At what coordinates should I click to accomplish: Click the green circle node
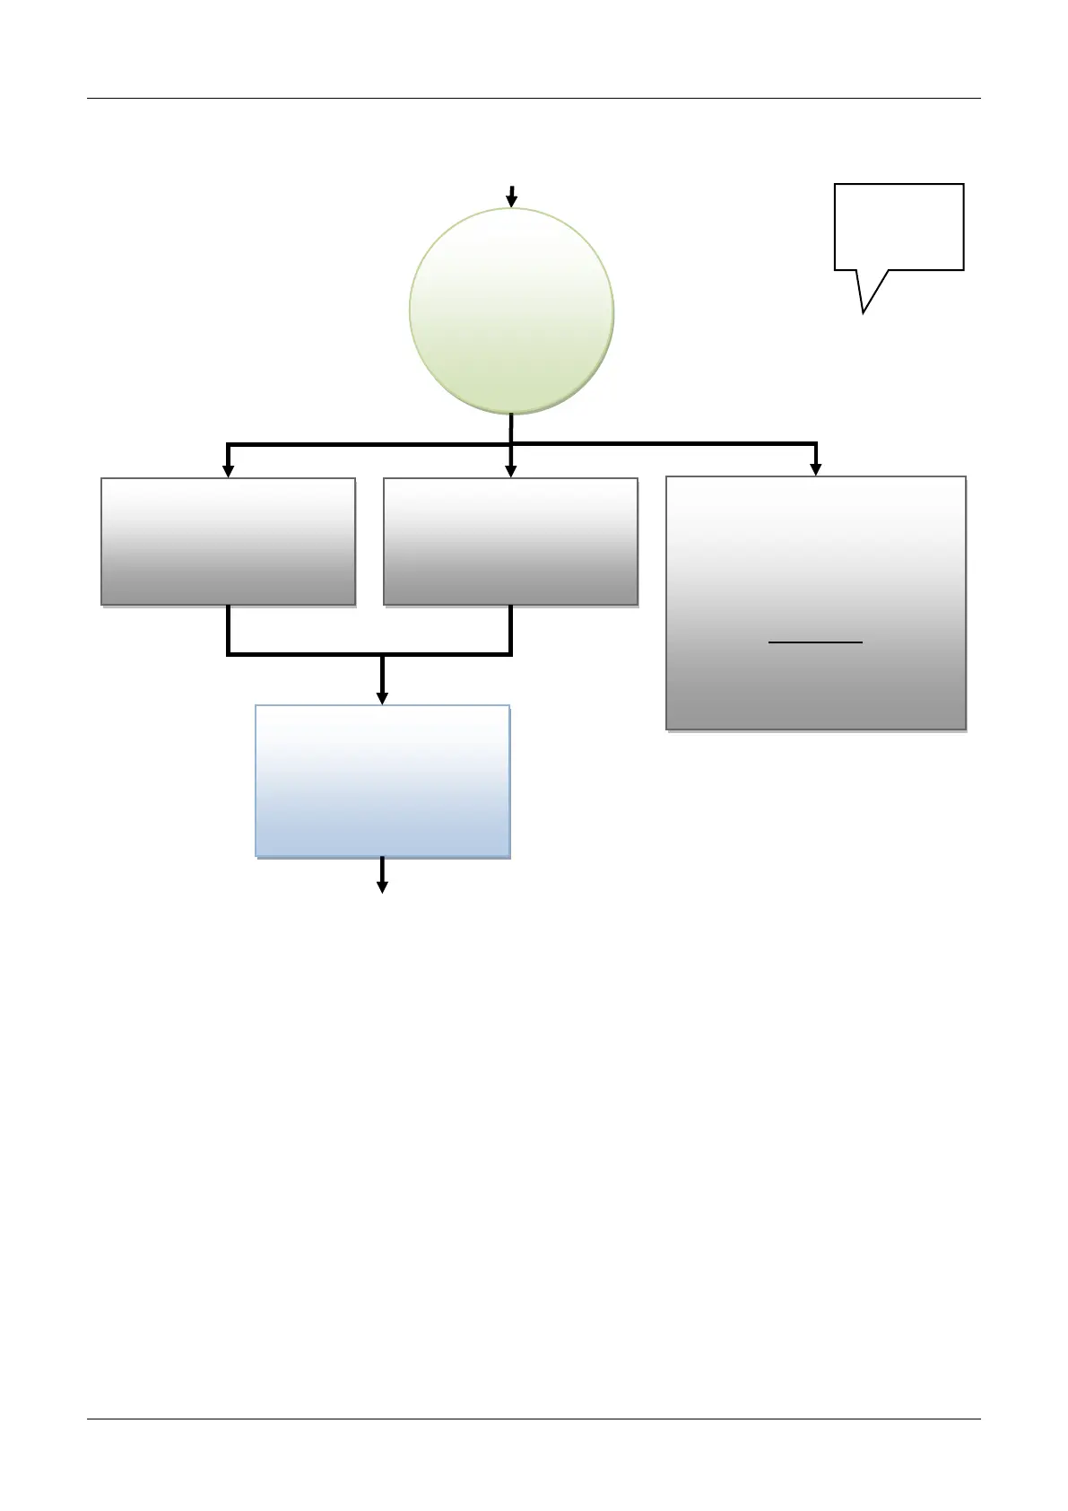click(511, 310)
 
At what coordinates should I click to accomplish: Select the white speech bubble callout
click(899, 226)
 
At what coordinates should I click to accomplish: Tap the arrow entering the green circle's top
click(511, 197)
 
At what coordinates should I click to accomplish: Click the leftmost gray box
click(228, 541)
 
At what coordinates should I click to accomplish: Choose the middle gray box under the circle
click(510, 541)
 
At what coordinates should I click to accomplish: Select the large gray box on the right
click(815, 602)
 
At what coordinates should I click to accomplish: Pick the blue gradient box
click(382, 781)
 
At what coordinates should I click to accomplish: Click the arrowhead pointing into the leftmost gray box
click(228, 469)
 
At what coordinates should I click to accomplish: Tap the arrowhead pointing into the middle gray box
click(511, 469)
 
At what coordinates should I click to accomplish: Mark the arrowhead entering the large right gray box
click(815, 468)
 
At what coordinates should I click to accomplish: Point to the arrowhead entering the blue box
click(382, 697)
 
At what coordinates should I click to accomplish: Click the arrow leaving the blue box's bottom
click(382, 876)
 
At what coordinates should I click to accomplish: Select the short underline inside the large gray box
click(815, 642)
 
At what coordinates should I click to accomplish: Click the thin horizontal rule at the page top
click(534, 98)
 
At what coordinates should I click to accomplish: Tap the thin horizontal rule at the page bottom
click(534, 1419)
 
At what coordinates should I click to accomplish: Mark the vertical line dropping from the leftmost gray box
click(229, 630)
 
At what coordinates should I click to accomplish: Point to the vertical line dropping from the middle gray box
click(510, 630)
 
